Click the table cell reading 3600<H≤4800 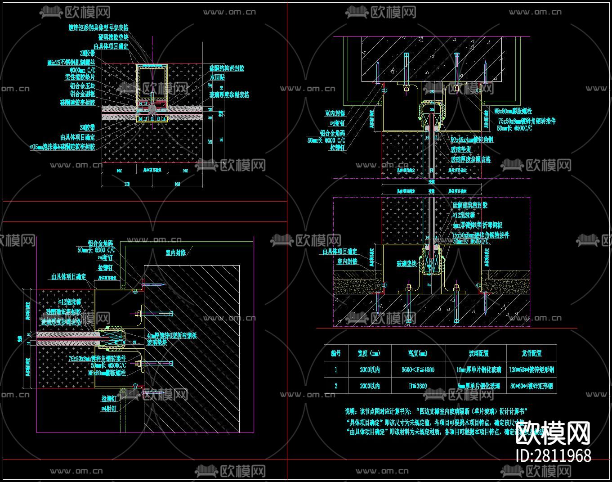click(x=418, y=370)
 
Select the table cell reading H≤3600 click(x=418, y=386)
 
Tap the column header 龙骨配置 click(x=531, y=353)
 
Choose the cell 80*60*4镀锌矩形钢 click(x=531, y=386)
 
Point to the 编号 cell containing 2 click(x=336, y=386)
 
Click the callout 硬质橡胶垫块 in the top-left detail click(x=113, y=37)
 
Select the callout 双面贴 click(x=217, y=77)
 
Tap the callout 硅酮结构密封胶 click(x=227, y=68)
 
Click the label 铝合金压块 click(x=83, y=86)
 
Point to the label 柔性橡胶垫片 click(x=80, y=77)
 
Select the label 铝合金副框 click(x=83, y=94)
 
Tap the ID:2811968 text click(x=553, y=456)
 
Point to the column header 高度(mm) click(x=418, y=353)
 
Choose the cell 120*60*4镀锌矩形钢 click(x=531, y=370)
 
